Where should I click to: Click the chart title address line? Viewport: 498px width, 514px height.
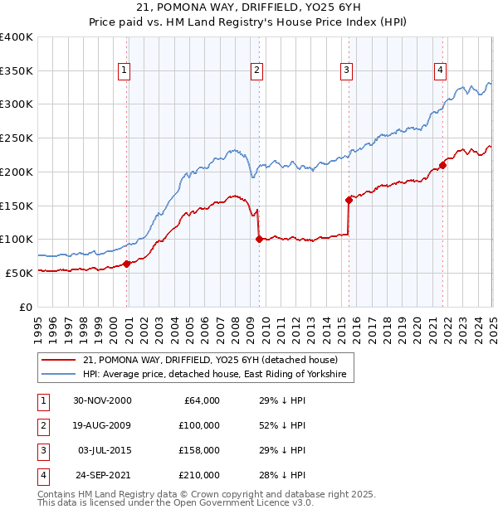click(248, 9)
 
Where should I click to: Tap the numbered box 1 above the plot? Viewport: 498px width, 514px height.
click(124, 70)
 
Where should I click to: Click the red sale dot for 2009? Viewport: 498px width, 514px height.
click(259, 239)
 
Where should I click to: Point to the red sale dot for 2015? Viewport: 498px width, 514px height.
click(349, 199)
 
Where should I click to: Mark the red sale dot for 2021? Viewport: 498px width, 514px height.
click(442, 165)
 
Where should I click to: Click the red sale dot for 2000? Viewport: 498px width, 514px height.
click(127, 264)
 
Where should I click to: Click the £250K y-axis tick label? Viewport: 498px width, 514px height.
click(17, 138)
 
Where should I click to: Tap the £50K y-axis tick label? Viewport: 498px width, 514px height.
click(20, 273)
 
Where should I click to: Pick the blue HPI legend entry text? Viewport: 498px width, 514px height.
click(217, 376)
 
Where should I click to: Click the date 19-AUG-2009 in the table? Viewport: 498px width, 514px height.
click(101, 425)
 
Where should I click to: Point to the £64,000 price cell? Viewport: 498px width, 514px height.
click(199, 400)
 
